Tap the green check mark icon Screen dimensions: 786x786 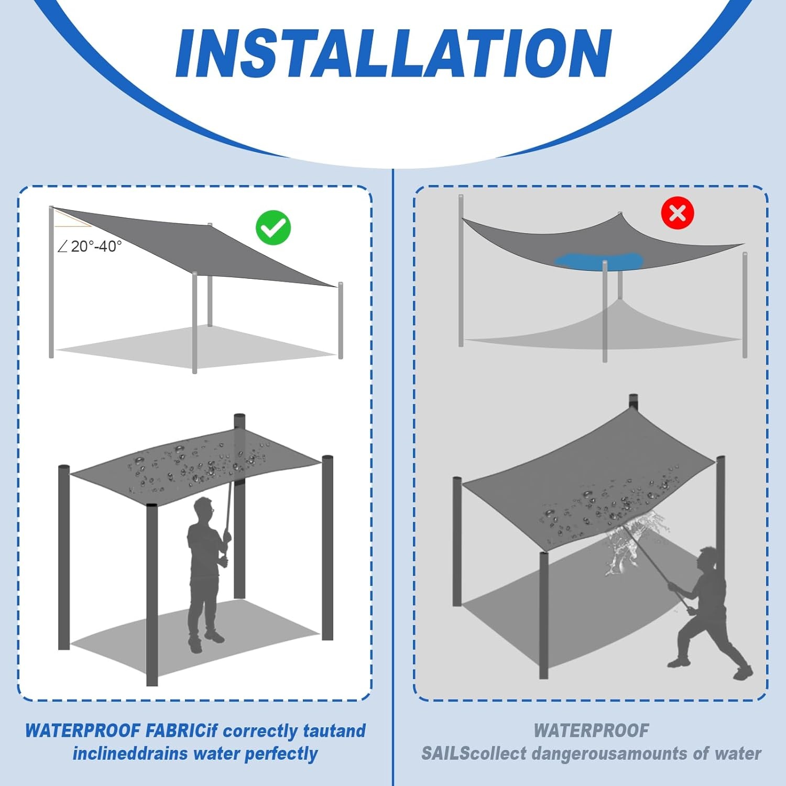click(273, 227)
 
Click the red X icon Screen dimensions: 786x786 click(678, 213)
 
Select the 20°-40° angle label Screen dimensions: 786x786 click(90, 246)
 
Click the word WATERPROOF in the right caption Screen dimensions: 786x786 click(591, 730)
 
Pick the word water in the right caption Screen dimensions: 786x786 click(738, 754)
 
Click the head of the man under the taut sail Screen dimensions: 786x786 click(204, 508)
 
